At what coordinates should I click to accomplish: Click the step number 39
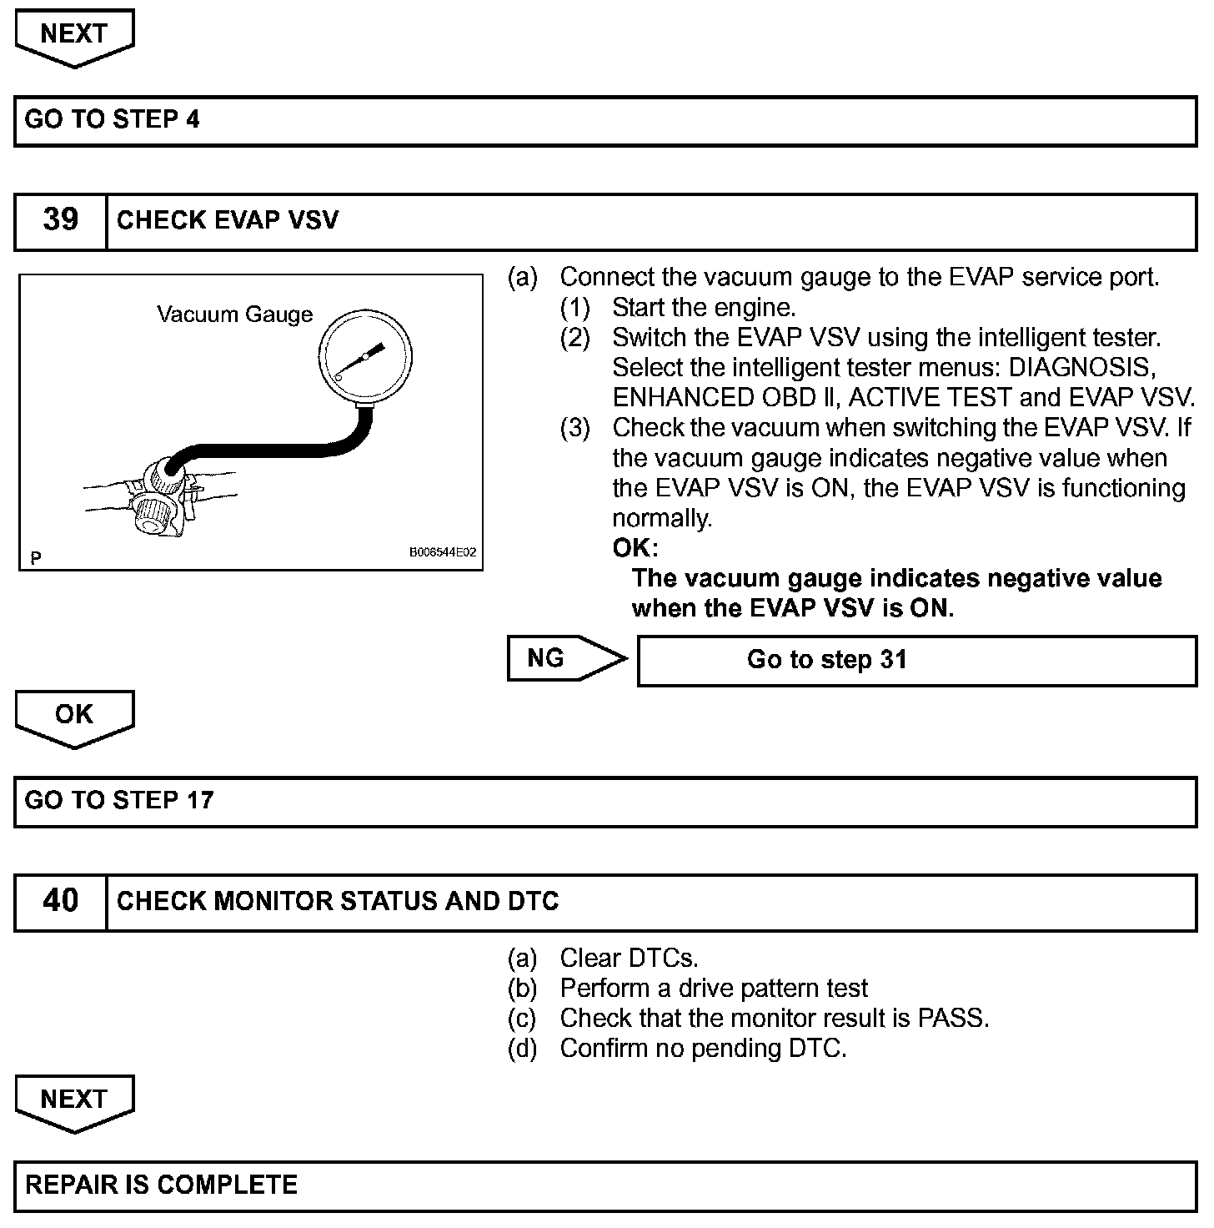[x=60, y=220]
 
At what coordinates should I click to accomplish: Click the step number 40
[x=60, y=901]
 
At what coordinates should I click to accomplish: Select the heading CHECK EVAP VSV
[x=228, y=220]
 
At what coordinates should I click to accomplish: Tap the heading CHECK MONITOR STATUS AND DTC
[x=338, y=901]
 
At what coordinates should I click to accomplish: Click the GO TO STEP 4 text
[x=113, y=119]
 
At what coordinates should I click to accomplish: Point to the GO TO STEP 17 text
[x=119, y=800]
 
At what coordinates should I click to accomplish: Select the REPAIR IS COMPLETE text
[x=161, y=1185]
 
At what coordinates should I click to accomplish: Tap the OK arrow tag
[x=74, y=717]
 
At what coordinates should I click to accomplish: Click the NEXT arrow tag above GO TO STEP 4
[x=74, y=36]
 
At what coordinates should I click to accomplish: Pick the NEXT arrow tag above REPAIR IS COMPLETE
[x=74, y=1101]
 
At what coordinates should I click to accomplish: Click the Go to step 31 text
[x=826, y=660]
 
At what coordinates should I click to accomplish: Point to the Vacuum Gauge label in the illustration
[x=235, y=315]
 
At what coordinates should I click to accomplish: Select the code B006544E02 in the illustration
[x=442, y=552]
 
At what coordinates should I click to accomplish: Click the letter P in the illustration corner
[x=35, y=557]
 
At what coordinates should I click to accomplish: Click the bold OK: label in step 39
[x=635, y=548]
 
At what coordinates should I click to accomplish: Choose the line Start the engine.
[x=704, y=308]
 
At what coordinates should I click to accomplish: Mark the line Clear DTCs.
[x=629, y=958]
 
